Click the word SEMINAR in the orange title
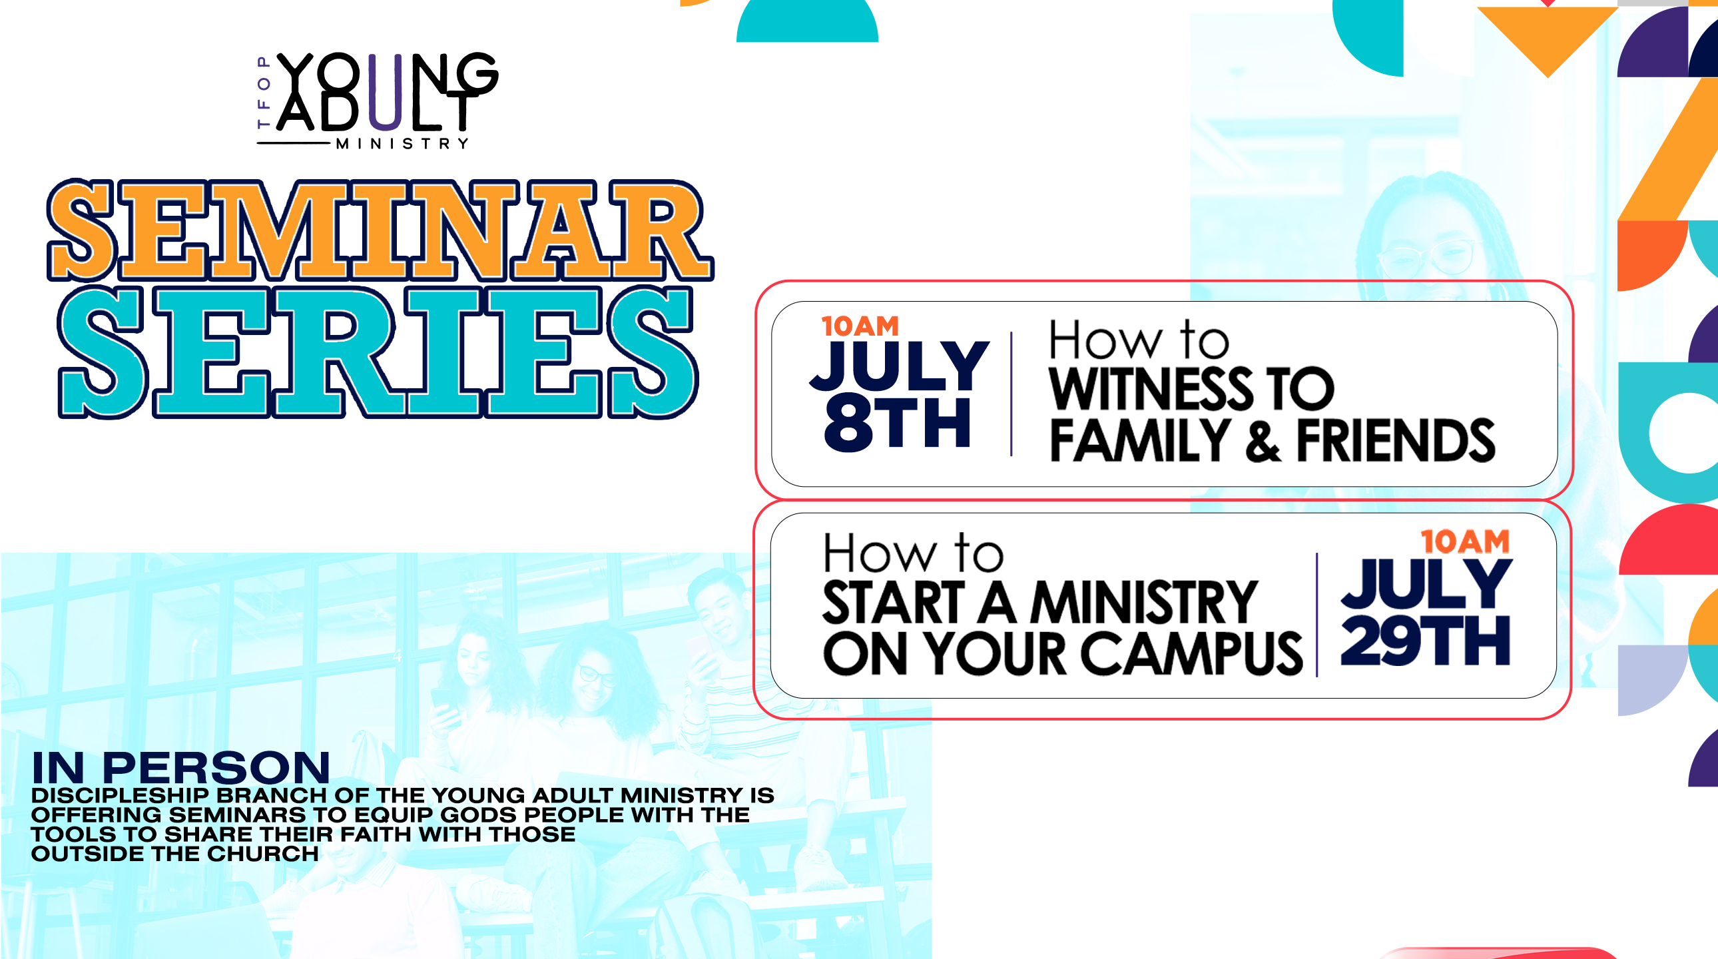[x=380, y=230]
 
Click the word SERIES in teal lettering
[x=378, y=352]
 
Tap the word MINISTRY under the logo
[x=402, y=144]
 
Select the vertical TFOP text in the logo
[x=264, y=92]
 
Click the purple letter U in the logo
[x=386, y=91]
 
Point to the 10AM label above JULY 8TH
[x=860, y=326]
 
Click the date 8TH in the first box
[x=898, y=424]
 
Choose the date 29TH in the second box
[x=1425, y=641]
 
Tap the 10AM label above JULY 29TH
[x=1465, y=541]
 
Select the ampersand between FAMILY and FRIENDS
[x=1263, y=442]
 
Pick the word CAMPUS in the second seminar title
[x=1191, y=653]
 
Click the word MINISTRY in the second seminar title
[x=1144, y=602]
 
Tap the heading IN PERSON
[x=180, y=768]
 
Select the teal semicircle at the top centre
[x=807, y=21]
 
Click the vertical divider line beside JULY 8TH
[x=1011, y=394]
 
